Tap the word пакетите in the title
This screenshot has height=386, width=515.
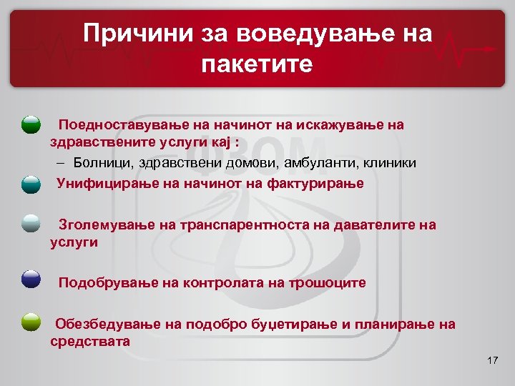click(x=257, y=64)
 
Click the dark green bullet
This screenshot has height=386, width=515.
click(x=31, y=126)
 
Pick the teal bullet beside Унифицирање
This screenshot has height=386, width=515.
click(x=31, y=184)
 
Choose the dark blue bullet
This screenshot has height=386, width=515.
click(x=31, y=279)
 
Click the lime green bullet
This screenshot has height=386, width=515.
click(x=31, y=322)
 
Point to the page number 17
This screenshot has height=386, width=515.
click(x=491, y=360)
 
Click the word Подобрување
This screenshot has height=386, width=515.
click(x=107, y=282)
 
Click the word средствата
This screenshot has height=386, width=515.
click(x=90, y=341)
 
